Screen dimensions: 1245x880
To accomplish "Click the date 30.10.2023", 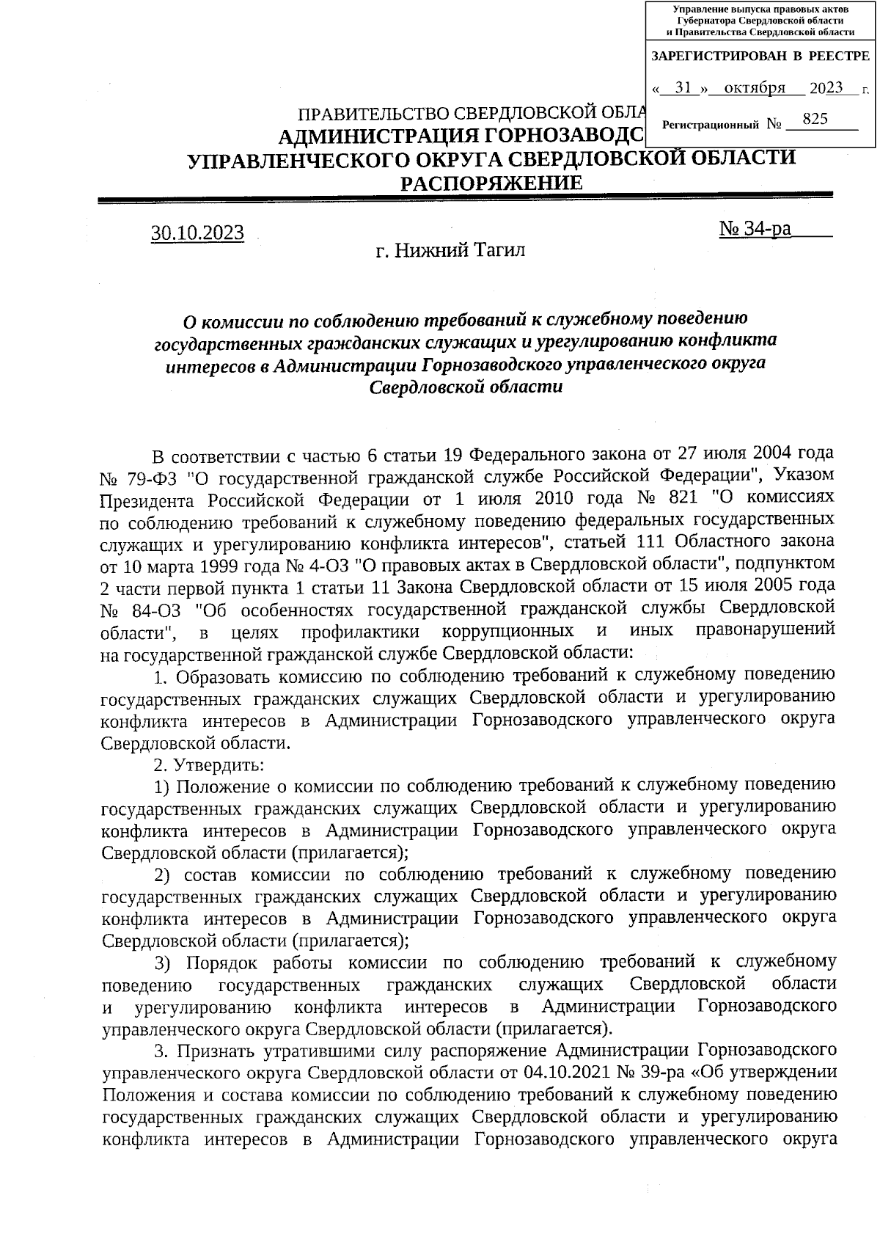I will [197, 233].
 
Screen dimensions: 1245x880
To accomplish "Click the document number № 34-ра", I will [757, 229].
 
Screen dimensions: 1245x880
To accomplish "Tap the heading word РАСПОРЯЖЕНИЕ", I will [491, 183].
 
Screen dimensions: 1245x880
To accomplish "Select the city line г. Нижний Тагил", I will [450, 252].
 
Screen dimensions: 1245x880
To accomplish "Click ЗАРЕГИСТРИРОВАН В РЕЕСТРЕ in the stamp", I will [760, 56].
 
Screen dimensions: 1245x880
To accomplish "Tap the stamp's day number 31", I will [683, 88].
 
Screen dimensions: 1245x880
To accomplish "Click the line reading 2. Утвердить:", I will [209, 765].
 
